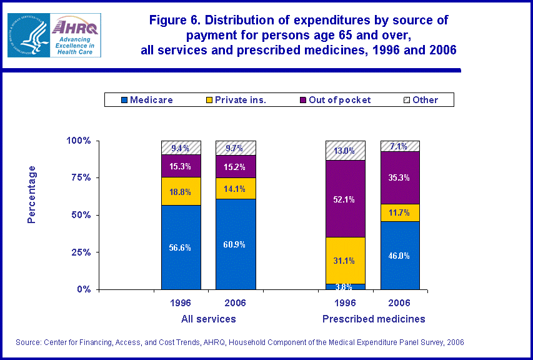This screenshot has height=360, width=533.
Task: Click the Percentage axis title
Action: (x=32, y=194)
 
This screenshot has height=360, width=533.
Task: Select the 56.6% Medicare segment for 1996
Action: (x=181, y=247)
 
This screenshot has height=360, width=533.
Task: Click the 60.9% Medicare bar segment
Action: (x=236, y=244)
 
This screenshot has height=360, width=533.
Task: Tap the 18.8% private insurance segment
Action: (x=181, y=191)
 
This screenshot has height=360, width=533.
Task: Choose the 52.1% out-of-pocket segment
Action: (x=345, y=199)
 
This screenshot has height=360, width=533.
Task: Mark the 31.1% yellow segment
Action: (x=345, y=261)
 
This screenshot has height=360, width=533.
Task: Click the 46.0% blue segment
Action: (x=399, y=255)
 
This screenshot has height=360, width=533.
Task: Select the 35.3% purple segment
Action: (x=399, y=177)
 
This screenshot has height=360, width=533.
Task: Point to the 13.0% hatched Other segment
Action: (x=345, y=151)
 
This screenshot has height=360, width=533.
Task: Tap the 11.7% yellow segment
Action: (x=399, y=212)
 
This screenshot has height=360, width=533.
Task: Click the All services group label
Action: (x=209, y=319)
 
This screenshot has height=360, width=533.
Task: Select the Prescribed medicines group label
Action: (x=374, y=319)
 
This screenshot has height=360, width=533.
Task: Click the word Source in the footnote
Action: (x=31, y=342)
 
